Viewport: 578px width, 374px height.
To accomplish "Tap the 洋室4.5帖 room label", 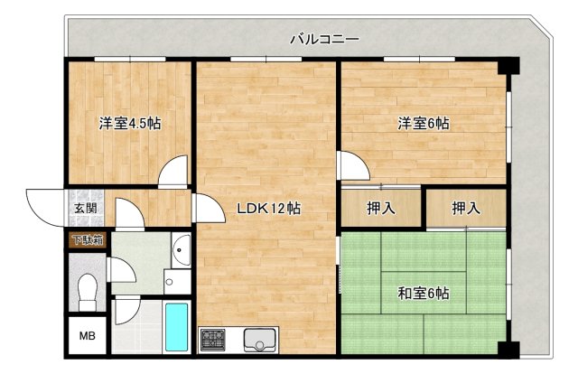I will click(130, 125).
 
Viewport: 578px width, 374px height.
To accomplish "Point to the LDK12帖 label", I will click(268, 209).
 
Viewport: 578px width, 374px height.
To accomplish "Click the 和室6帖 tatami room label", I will click(423, 293).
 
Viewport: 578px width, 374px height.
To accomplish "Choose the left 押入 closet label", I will click(381, 209).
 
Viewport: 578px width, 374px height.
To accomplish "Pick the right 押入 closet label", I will click(466, 209).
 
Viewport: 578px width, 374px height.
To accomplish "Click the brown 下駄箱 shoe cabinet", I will click(88, 239).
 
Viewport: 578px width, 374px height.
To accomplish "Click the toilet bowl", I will click(87, 291).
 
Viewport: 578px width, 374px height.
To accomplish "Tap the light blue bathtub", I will click(177, 327).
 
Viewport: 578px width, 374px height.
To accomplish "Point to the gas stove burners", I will click(214, 340).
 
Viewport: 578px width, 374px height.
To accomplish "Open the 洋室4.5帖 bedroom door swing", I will click(173, 172).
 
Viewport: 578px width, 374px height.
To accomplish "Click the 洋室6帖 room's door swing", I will click(350, 165).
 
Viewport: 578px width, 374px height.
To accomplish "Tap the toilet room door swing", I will click(117, 269).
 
